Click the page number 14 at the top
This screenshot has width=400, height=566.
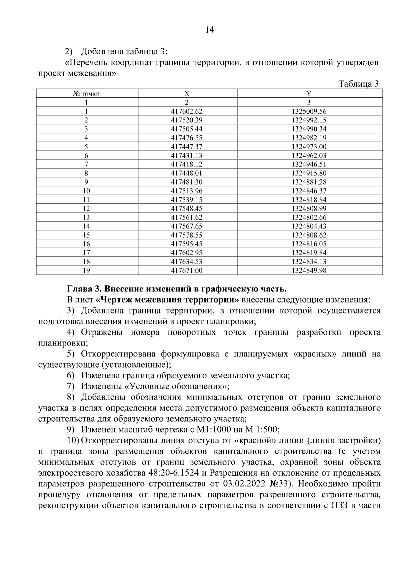pos(209,30)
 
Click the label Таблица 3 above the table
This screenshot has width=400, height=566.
pos(358,84)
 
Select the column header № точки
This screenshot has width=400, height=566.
pos(86,94)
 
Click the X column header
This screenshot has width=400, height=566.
pos(187,94)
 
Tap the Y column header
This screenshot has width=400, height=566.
pos(309,94)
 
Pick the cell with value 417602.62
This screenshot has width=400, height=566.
pos(187,111)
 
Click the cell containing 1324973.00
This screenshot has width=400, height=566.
pos(309,147)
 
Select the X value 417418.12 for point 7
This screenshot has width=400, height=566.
pos(187,164)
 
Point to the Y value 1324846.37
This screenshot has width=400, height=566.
pos(309,191)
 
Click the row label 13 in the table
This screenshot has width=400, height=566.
pos(86,217)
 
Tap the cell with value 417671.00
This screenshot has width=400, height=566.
pos(187,270)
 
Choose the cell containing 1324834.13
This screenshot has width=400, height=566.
pos(309,261)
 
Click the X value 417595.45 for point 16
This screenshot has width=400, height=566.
pos(187,244)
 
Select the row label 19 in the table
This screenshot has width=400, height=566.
pos(86,270)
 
